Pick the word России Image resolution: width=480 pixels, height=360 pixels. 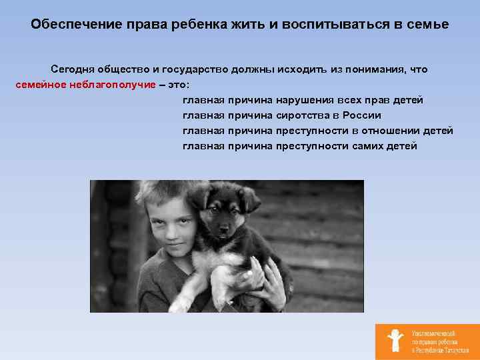tap(362, 115)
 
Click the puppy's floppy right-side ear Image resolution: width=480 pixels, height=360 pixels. tap(249, 198)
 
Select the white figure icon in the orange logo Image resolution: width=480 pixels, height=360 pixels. tap(395, 341)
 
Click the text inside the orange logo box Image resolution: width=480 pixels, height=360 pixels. tap(434, 341)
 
